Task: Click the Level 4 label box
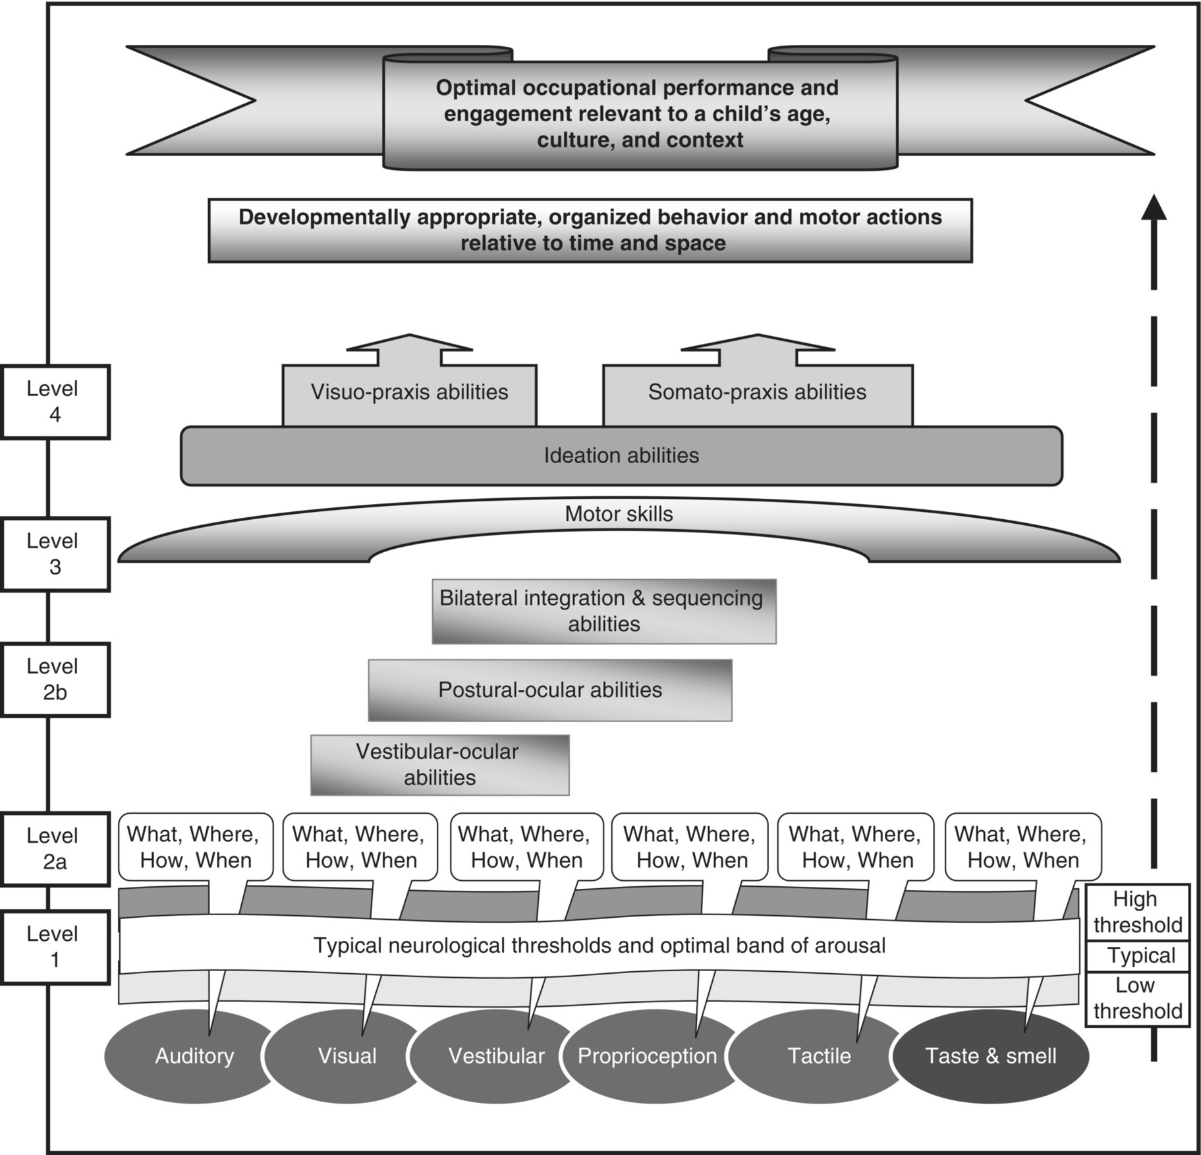coord(55,401)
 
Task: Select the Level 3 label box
coord(55,553)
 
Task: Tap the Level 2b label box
coord(55,679)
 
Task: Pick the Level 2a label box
coord(55,849)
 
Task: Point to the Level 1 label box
coord(55,947)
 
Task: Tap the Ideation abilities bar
coord(621,456)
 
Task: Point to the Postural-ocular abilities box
coord(549,690)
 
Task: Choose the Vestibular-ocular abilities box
coord(439,764)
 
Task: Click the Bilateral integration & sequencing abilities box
coord(603,611)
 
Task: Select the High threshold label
coord(1137,912)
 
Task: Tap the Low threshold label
coord(1137,998)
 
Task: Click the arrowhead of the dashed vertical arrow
coord(1154,208)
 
